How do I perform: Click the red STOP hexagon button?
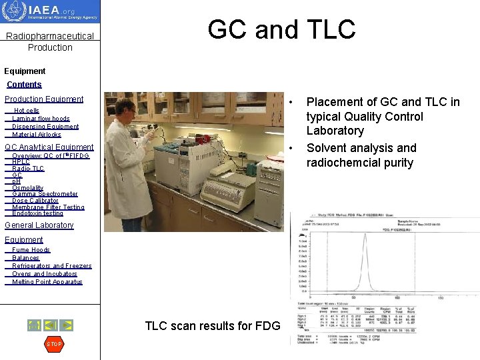tap(54, 344)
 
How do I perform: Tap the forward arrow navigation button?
tap(67, 325)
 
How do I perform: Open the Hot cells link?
tap(27, 111)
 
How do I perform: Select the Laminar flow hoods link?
tap(41, 119)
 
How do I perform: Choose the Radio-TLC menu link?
tap(28, 169)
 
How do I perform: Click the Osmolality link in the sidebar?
tap(28, 188)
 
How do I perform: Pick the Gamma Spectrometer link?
tap(45, 194)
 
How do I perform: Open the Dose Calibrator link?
tap(35, 201)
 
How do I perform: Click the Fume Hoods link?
tap(31, 250)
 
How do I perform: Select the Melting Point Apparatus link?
tap(47, 282)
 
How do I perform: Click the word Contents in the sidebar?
tap(24, 85)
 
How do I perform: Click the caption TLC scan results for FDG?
tap(213, 326)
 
